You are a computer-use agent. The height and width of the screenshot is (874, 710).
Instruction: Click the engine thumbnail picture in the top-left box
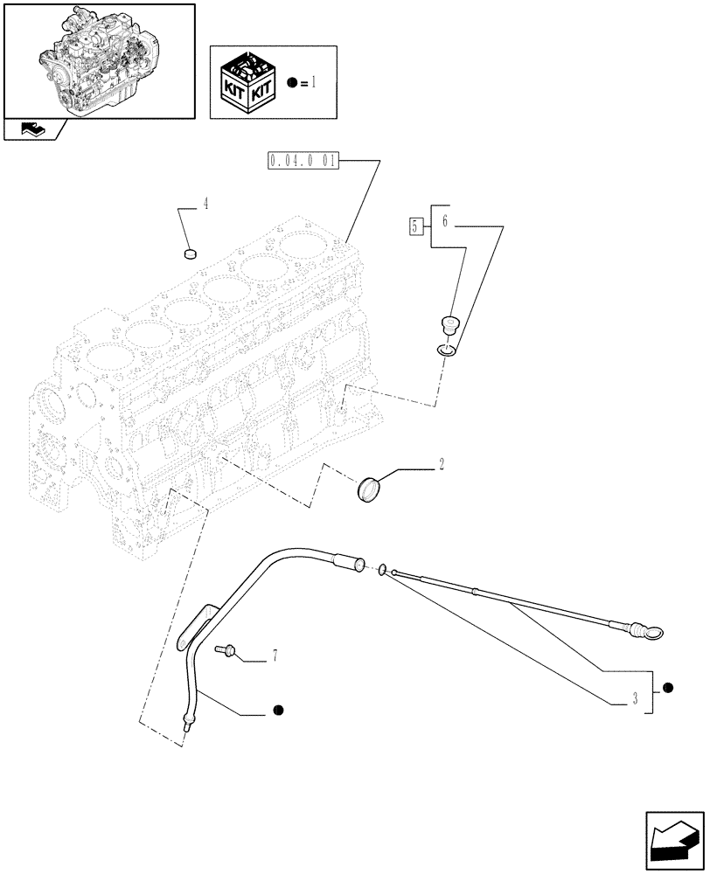[99, 59]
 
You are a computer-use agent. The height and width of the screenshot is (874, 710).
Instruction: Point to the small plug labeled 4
[188, 254]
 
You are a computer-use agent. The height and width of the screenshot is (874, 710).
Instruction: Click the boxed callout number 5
[418, 226]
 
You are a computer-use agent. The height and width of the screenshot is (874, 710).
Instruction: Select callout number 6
[444, 222]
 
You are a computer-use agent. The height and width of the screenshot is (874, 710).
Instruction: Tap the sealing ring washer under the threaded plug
[448, 350]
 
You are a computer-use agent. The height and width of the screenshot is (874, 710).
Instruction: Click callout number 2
[442, 464]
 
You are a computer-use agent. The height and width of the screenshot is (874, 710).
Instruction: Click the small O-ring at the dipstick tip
[382, 571]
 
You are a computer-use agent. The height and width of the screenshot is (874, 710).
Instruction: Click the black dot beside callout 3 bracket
[668, 689]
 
